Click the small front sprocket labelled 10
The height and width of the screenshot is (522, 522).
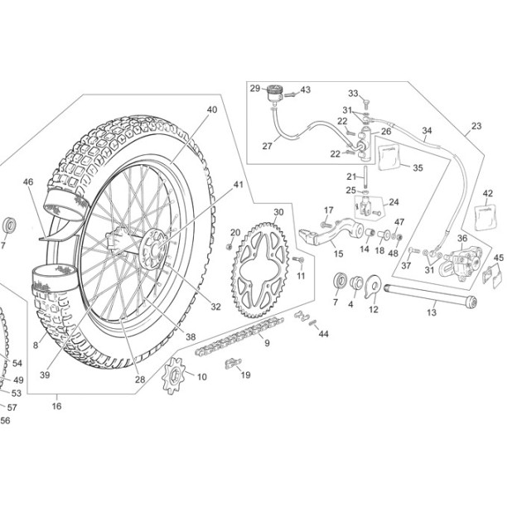[x=173, y=375]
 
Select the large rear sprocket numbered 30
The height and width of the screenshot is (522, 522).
[x=260, y=270]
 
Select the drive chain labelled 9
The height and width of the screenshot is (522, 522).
[x=239, y=336]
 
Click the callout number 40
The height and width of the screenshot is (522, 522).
[x=212, y=109]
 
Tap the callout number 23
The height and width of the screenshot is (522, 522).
[x=476, y=126]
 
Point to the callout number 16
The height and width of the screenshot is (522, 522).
[x=56, y=406]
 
